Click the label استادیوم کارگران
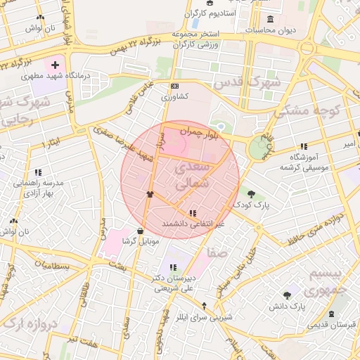(209, 13)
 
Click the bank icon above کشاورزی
(175, 86)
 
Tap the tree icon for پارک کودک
(251, 193)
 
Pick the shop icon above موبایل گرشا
(141, 230)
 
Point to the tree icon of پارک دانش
(287, 296)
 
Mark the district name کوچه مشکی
(308, 109)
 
